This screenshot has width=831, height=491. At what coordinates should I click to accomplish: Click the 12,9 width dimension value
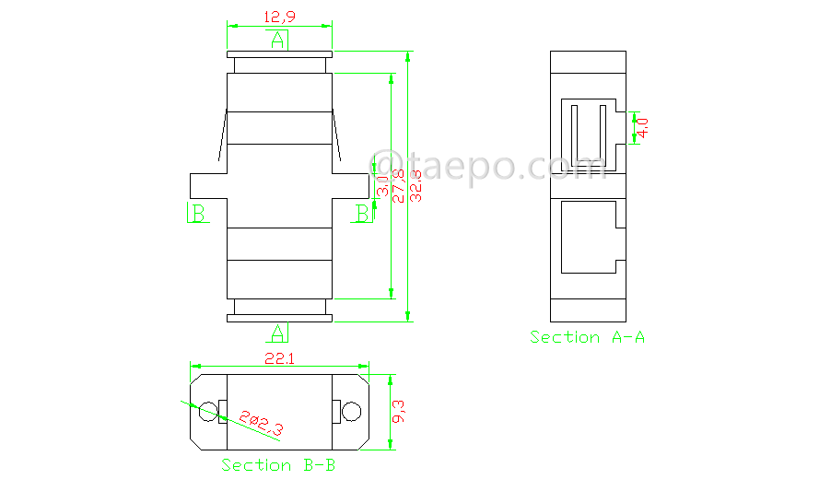[278, 17]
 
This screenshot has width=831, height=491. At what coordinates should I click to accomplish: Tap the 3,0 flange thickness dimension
[381, 185]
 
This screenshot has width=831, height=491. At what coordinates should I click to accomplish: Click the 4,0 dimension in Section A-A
[643, 127]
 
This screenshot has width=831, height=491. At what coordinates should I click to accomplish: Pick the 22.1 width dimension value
[279, 359]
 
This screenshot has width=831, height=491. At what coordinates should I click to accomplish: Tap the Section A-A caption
[587, 337]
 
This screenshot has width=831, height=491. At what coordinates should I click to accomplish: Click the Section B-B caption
[278, 465]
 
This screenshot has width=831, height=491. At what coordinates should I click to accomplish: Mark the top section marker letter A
[278, 40]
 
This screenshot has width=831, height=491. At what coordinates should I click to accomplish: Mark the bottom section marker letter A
[278, 332]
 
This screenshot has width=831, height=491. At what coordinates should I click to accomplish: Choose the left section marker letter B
[197, 213]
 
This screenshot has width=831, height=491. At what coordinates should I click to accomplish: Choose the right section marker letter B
[363, 213]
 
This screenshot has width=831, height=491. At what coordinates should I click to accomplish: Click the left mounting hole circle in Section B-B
[209, 411]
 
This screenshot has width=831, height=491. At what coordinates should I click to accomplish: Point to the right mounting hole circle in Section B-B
[350, 411]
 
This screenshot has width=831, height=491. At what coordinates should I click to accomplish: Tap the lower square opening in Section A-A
[586, 237]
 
